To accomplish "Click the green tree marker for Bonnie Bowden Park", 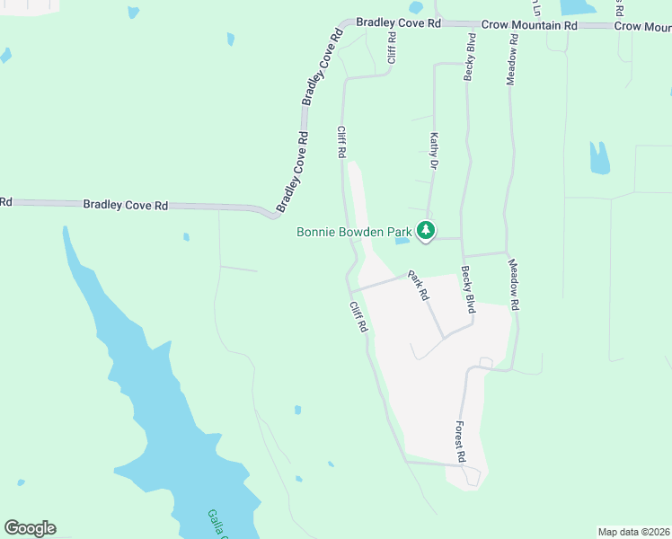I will point(426,232).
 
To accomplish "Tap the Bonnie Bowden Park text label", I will point(355,233).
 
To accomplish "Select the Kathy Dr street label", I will point(434,151).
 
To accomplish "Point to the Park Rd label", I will point(418,285).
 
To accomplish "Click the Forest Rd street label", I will point(460,442).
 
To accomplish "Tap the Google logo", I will point(30,528).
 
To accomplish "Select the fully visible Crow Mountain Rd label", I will point(528,26).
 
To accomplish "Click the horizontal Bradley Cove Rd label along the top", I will point(398,22).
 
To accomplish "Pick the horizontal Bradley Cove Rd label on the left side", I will point(126,205).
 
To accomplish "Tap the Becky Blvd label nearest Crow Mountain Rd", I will point(469,57).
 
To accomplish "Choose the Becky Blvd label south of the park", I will point(467,289).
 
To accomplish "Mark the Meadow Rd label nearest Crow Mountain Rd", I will point(511,60).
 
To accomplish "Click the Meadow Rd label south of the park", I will point(514,285).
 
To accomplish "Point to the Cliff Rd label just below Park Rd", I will point(358,316).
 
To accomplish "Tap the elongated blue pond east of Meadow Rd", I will point(598,158).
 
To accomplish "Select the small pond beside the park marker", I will point(402,240).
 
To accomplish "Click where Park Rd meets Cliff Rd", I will point(354,289).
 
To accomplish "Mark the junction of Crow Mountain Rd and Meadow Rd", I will point(512,26).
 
